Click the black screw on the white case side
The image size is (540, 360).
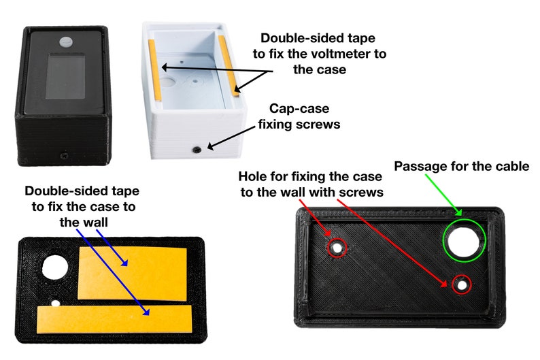(197, 148)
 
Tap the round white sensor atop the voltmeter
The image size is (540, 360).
(67, 42)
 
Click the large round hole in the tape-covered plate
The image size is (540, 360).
(52, 267)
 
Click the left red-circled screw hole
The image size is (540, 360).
(337, 247)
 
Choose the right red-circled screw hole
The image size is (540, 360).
(462, 285)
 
